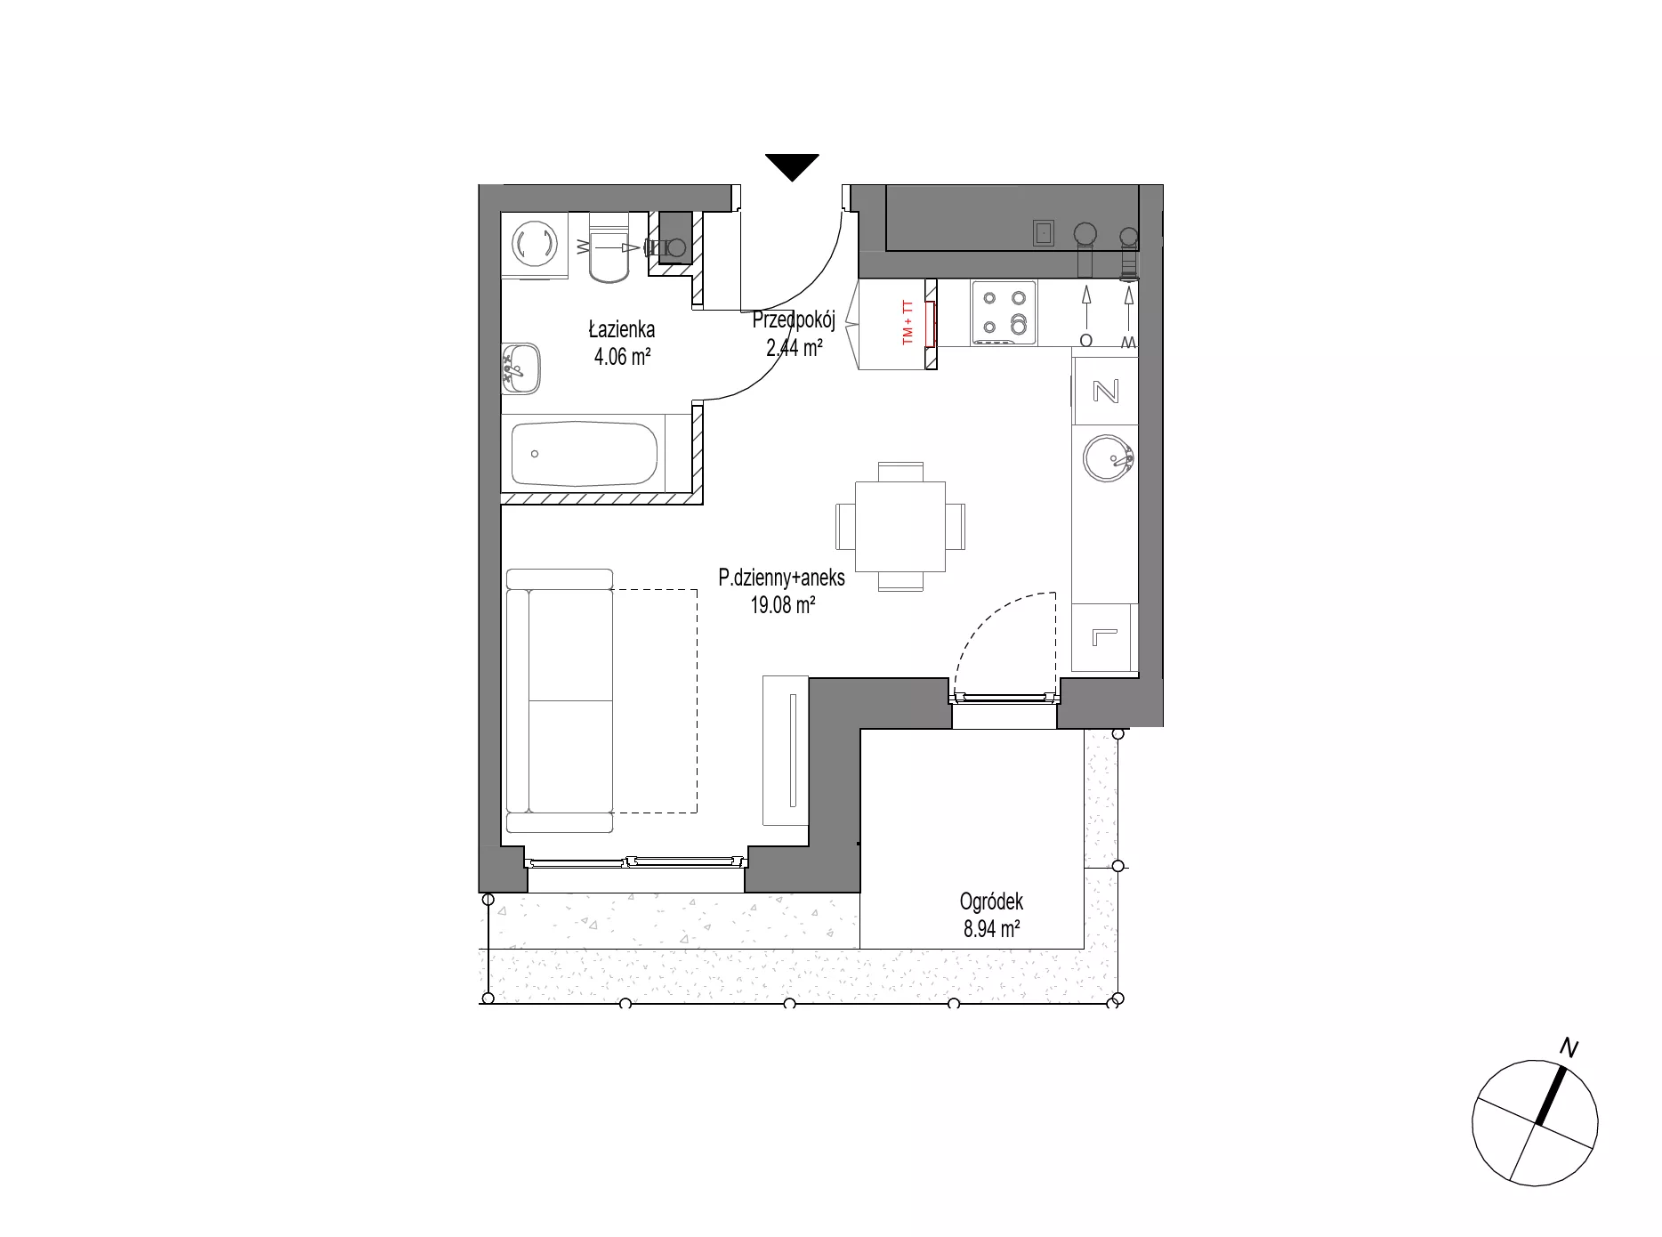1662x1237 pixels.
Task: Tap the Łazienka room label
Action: point(622,329)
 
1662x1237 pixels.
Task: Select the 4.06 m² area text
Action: point(622,358)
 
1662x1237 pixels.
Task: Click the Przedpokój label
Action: point(794,320)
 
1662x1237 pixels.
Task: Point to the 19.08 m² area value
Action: point(783,606)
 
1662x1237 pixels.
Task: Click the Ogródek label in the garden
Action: point(991,901)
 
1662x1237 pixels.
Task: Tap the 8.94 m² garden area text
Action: point(991,930)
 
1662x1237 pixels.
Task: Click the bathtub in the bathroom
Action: point(585,454)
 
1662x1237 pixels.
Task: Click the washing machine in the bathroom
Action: point(534,245)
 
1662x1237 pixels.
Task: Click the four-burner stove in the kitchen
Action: point(1004,312)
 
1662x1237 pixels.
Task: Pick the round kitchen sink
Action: point(1108,459)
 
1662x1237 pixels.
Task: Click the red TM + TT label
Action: point(908,323)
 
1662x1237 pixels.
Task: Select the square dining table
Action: point(900,526)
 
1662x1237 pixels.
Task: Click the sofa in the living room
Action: point(560,701)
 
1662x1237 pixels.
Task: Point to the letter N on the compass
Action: point(1569,1049)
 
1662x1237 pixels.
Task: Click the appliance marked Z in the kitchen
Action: point(1105,391)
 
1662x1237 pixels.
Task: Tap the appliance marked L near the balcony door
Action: point(1104,637)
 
